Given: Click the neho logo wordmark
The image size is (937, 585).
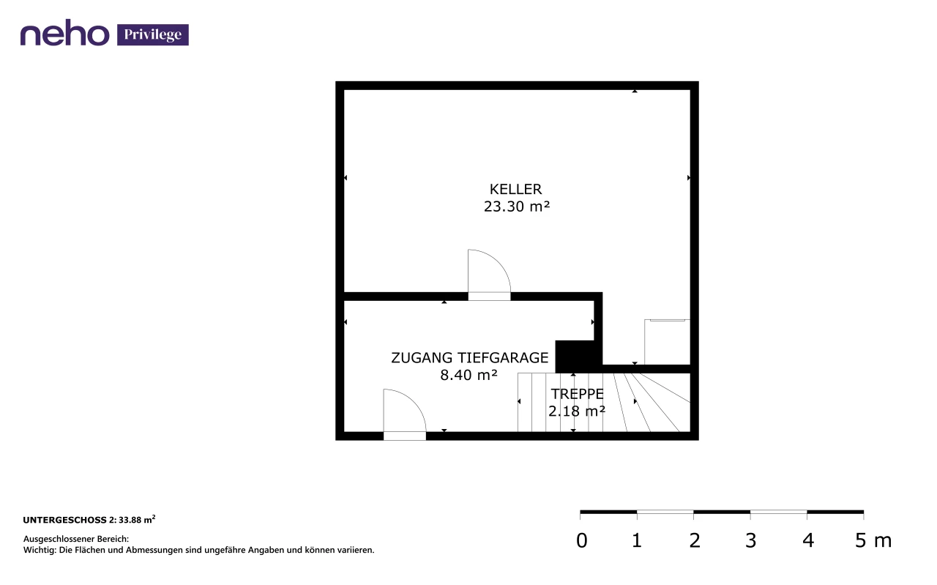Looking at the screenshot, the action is point(65,33).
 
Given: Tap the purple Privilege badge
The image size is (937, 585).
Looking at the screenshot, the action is point(153,34).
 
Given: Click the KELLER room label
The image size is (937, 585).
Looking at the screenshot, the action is point(515,189).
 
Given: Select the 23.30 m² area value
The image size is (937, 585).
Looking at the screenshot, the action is point(517,206).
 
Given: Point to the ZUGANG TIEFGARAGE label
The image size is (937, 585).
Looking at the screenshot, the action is point(469,358).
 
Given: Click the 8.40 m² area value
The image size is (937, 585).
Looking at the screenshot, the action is point(468,375).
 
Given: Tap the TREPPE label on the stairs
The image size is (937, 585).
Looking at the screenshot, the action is point(577,394).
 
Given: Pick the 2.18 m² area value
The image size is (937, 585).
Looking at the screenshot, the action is point(577,411).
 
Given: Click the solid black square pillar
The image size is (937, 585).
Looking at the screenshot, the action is point(575,357).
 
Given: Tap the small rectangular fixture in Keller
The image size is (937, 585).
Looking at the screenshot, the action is point(667,342).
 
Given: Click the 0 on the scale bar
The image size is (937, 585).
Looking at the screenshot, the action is point(581,540).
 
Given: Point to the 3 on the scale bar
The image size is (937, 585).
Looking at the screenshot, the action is point(751,540).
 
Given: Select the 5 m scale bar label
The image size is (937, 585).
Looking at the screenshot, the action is point(873,540).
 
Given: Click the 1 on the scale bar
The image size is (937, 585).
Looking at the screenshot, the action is point(637,540).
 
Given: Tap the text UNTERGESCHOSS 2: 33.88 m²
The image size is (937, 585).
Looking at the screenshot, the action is point(89,520).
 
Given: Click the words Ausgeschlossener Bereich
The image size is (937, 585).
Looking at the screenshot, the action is point(76,539).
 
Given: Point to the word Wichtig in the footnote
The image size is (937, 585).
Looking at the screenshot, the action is point(40,550).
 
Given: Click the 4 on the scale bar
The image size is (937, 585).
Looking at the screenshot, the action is point(808,540).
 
